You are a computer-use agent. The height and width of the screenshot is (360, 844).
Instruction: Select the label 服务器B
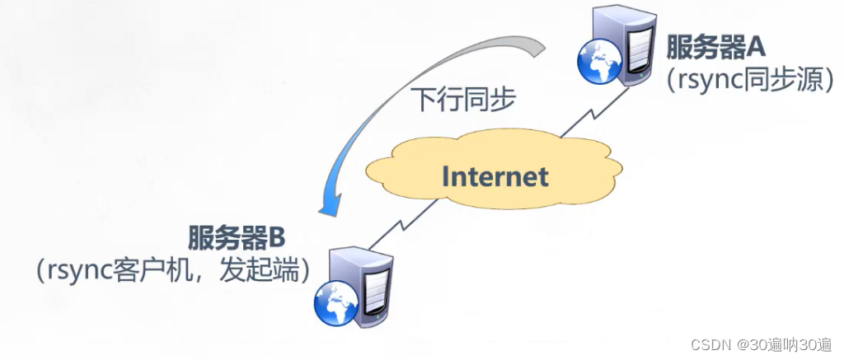pos(237,239)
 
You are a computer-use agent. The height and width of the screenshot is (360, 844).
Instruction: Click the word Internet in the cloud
pos(494,176)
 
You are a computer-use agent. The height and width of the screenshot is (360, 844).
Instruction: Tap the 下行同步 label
pos(464,100)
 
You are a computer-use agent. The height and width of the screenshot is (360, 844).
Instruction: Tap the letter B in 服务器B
pos(275,239)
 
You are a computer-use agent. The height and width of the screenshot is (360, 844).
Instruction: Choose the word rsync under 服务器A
pos(701,81)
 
